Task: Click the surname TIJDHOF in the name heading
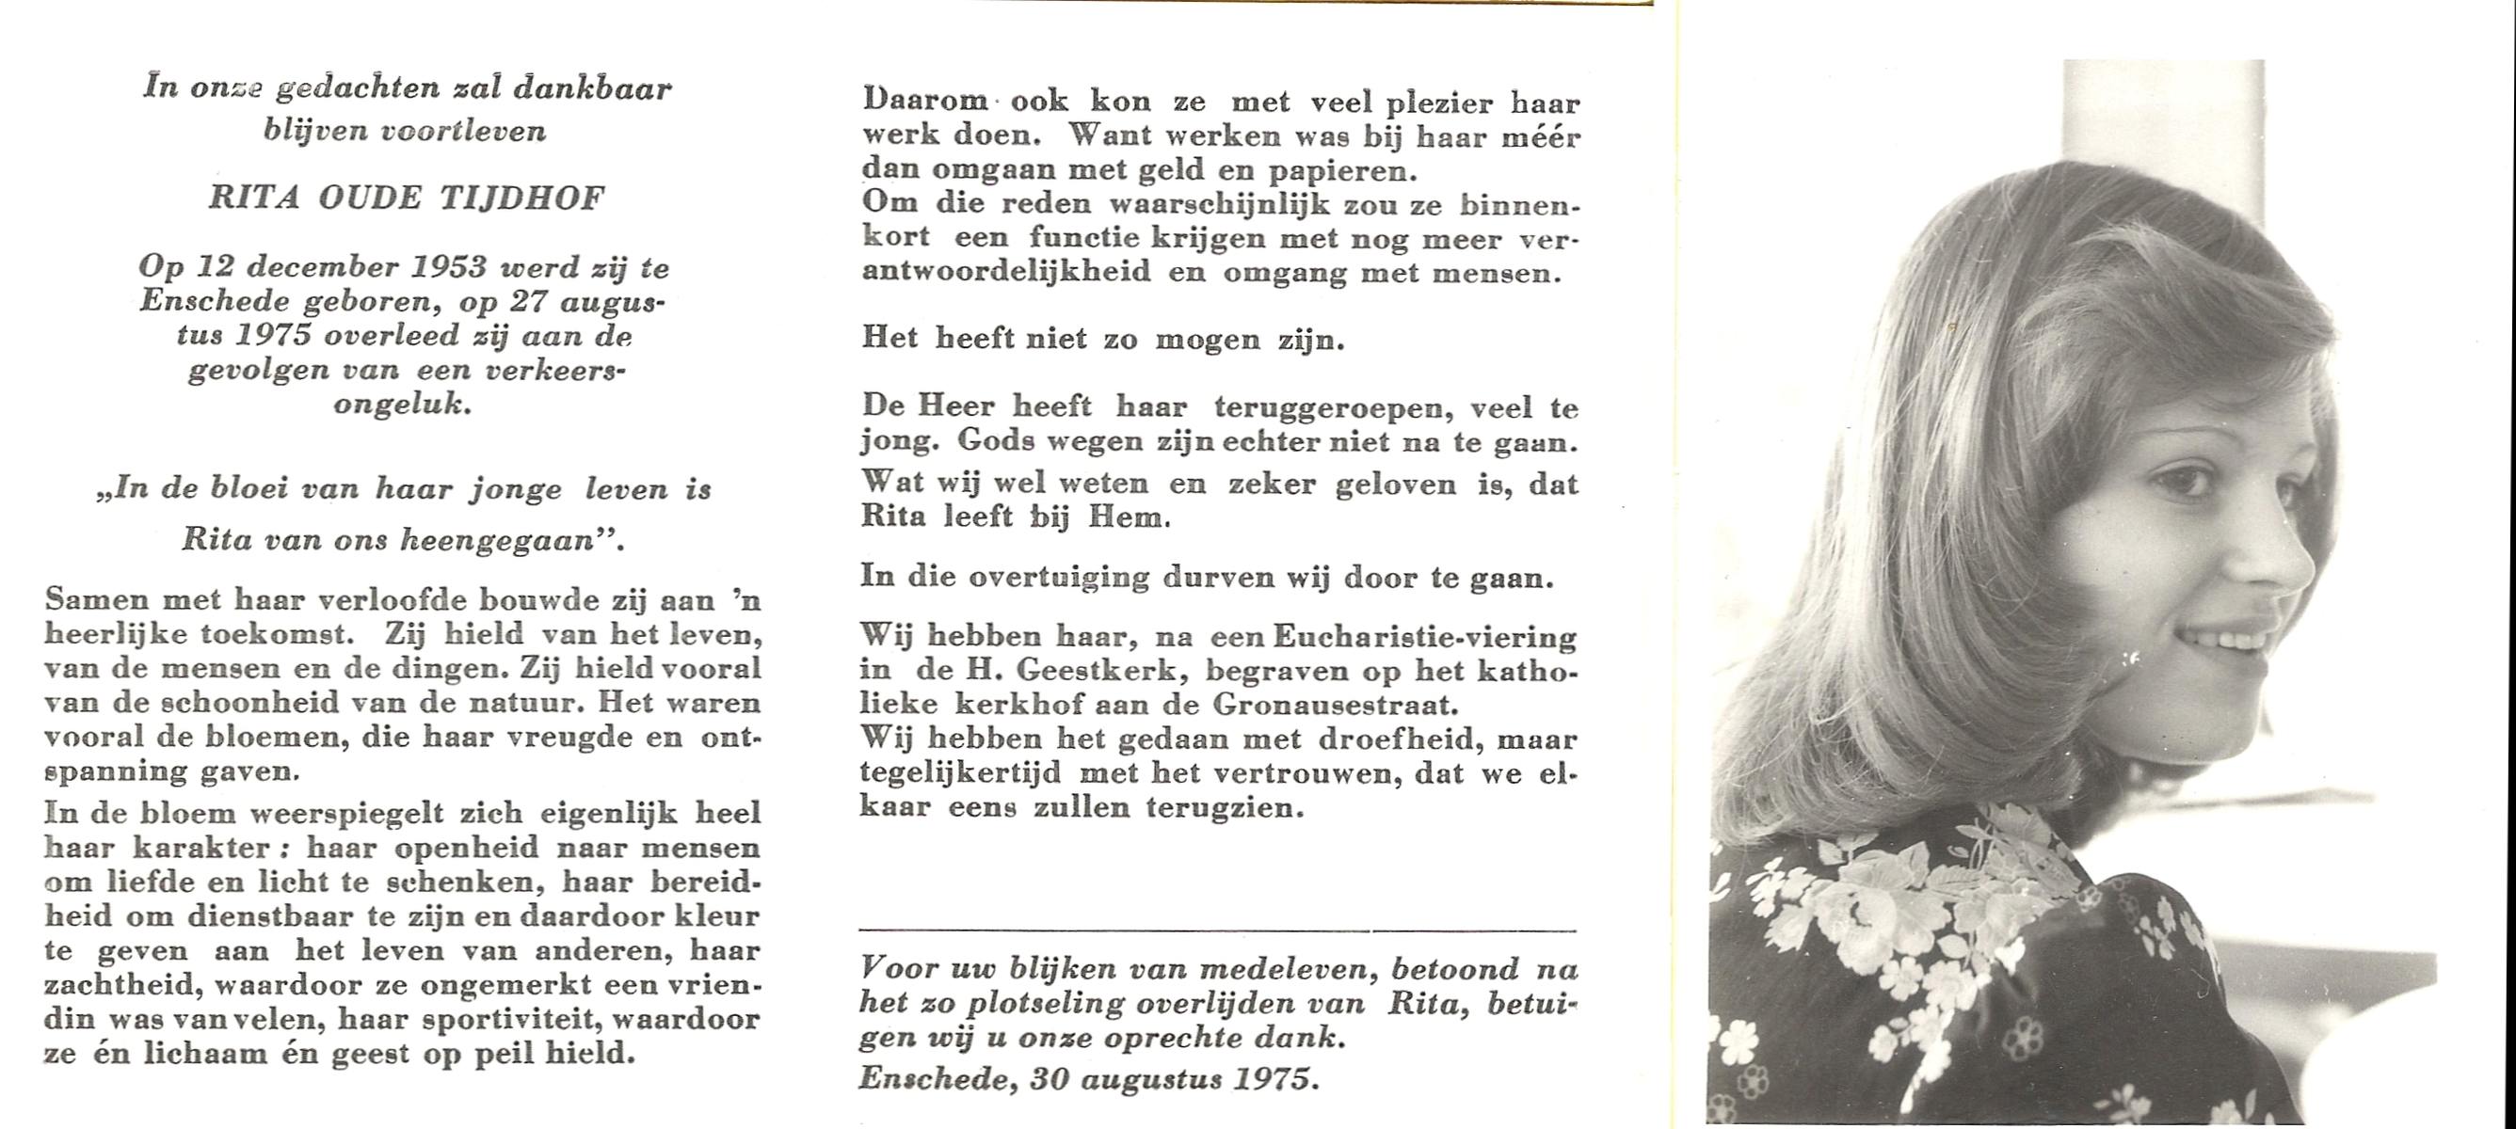(521, 199)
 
